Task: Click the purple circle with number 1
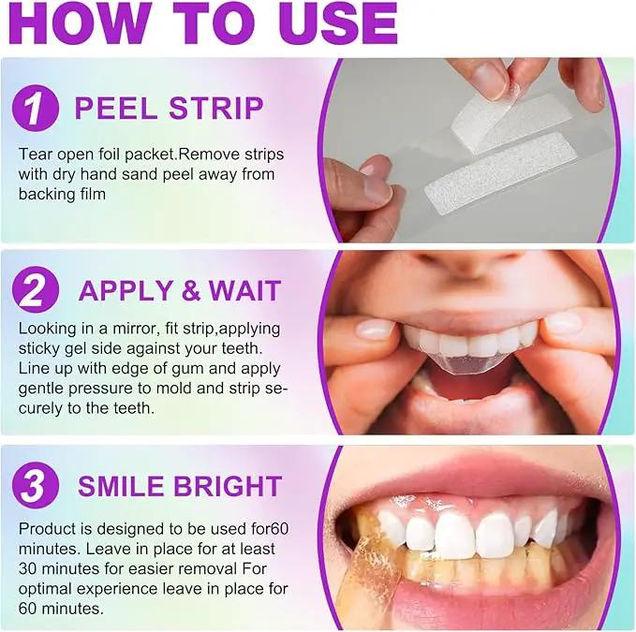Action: pyautogui.click(x=36, y=108)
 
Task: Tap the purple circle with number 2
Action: pyautogui.click(x=36, y=290)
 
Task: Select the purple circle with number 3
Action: pyautogui.click(x=36, y=486)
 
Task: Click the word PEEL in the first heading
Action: pyautogui.click(x=115, y=109)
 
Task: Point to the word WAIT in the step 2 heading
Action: pyautogui.click(x=244, y=290)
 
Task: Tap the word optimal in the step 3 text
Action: pyautogui.click(x=45, y=590)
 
